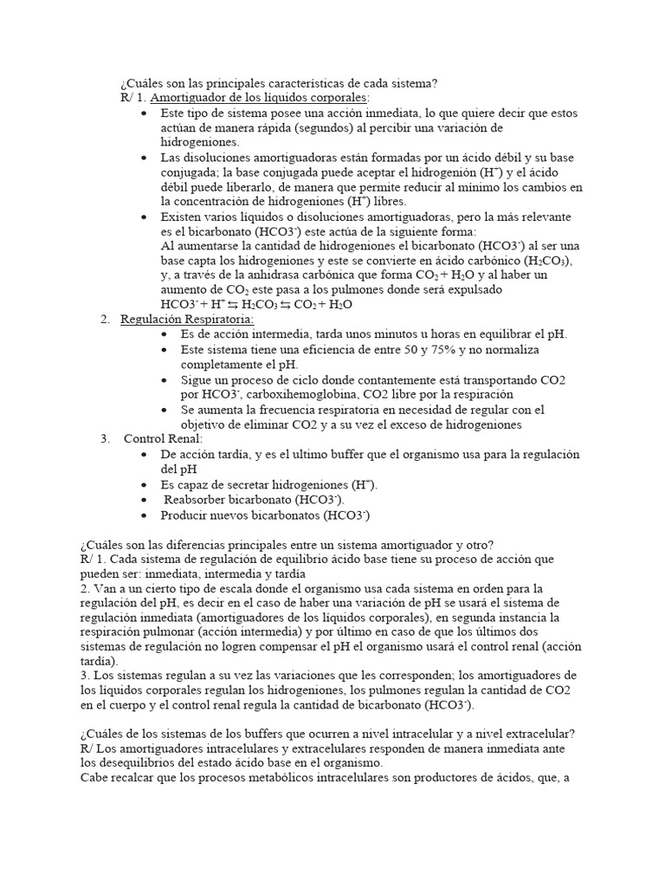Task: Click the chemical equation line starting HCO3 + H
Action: tap(257, 305)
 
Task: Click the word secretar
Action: tap(247, 485)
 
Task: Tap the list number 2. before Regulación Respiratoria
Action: tap(105, 320)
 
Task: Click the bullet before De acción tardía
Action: tap(143, 455)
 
